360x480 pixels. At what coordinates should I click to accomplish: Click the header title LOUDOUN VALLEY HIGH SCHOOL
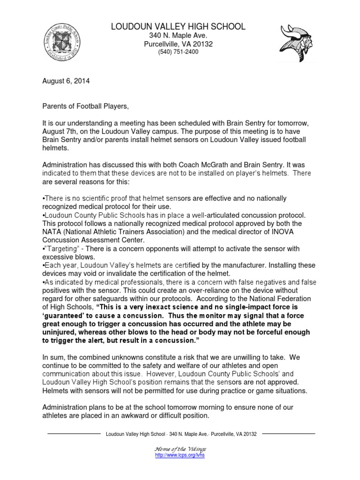coord(178,27)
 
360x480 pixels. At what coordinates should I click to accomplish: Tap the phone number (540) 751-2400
coord(178,52)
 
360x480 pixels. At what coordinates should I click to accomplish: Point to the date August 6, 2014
coord(66,81)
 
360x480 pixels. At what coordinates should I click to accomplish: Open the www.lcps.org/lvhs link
coord(180,455)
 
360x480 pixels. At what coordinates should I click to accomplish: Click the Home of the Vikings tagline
coord(180,449)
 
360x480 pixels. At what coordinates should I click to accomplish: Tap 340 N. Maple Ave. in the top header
coord(178,36)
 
